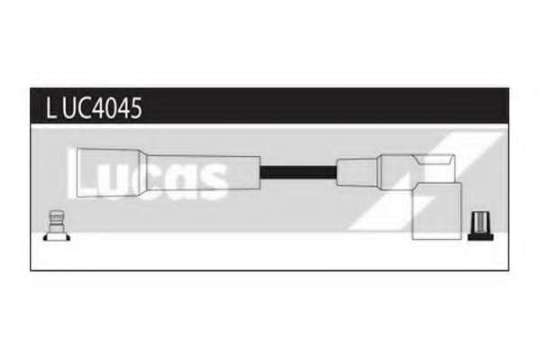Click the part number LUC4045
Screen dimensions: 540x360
click(94, 108)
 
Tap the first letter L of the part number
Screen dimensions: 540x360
click(50, 108)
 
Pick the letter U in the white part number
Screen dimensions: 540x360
click(70, 108)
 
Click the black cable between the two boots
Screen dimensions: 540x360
click(297, 171)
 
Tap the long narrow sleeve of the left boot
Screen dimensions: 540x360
click(203, 172)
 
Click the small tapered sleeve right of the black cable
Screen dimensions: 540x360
click(358, 172)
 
